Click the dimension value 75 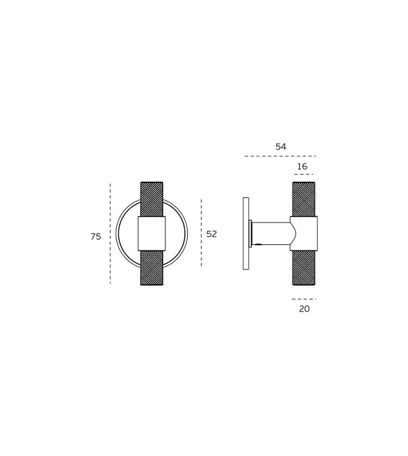click(96, 237)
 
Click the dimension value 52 click(211, 233)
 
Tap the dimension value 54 click(281, 147)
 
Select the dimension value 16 click(302, 167)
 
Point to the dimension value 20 click(304, 309)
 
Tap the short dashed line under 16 click(303, 175)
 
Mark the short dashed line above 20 click(304, 299)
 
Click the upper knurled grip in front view click(152, 199)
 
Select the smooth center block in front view click(152, 233)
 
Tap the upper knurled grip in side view click(303, 199)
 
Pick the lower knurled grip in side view click(303, 267)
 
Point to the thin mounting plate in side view click(245, 233)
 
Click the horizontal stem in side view click(271, 233)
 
